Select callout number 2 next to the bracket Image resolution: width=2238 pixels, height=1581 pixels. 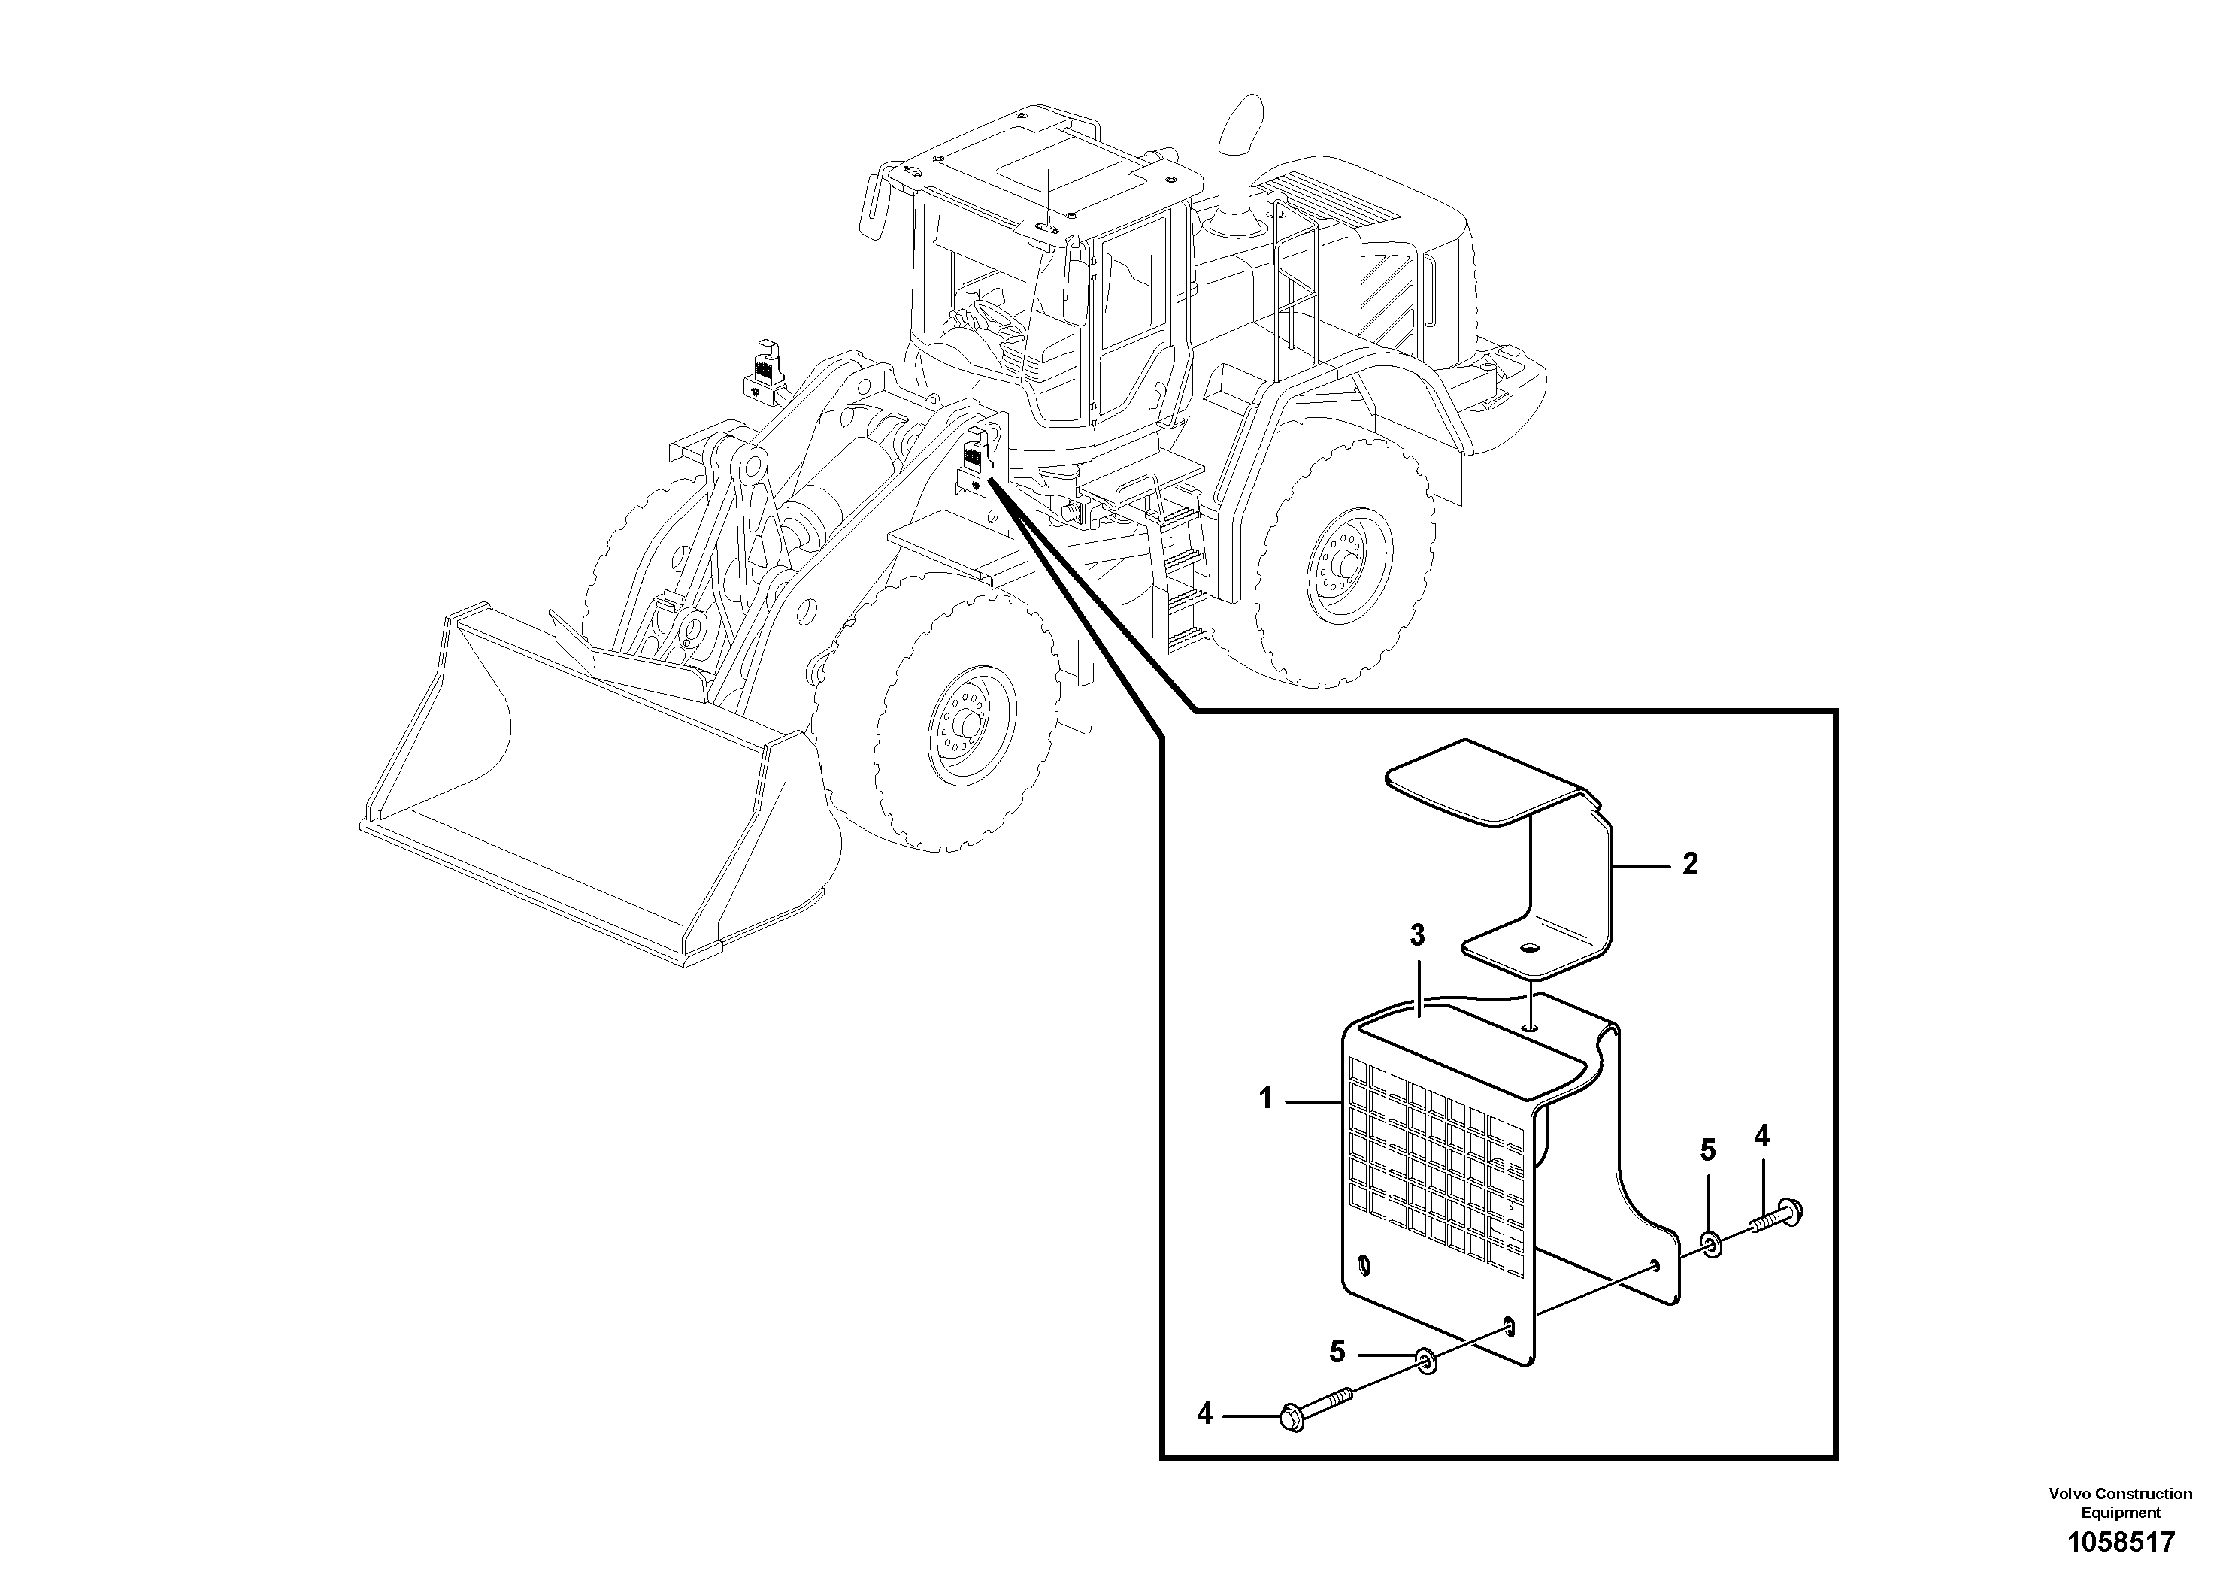tap(1690, 864)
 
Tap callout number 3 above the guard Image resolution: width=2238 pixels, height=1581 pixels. tap(1417, 936)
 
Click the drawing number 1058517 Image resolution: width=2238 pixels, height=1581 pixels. tap(2120, 1543)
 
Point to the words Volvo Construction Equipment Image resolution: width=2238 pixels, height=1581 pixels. tap(2120, 1501)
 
